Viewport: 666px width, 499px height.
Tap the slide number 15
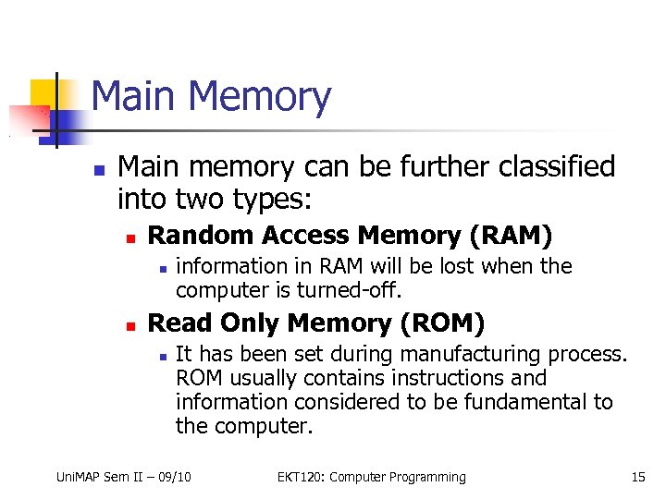pos(637,477)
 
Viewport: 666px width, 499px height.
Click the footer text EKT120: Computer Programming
pos(371,477)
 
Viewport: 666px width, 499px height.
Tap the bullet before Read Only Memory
pos(131,325)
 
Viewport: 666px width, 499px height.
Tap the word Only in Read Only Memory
pos(252,323)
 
